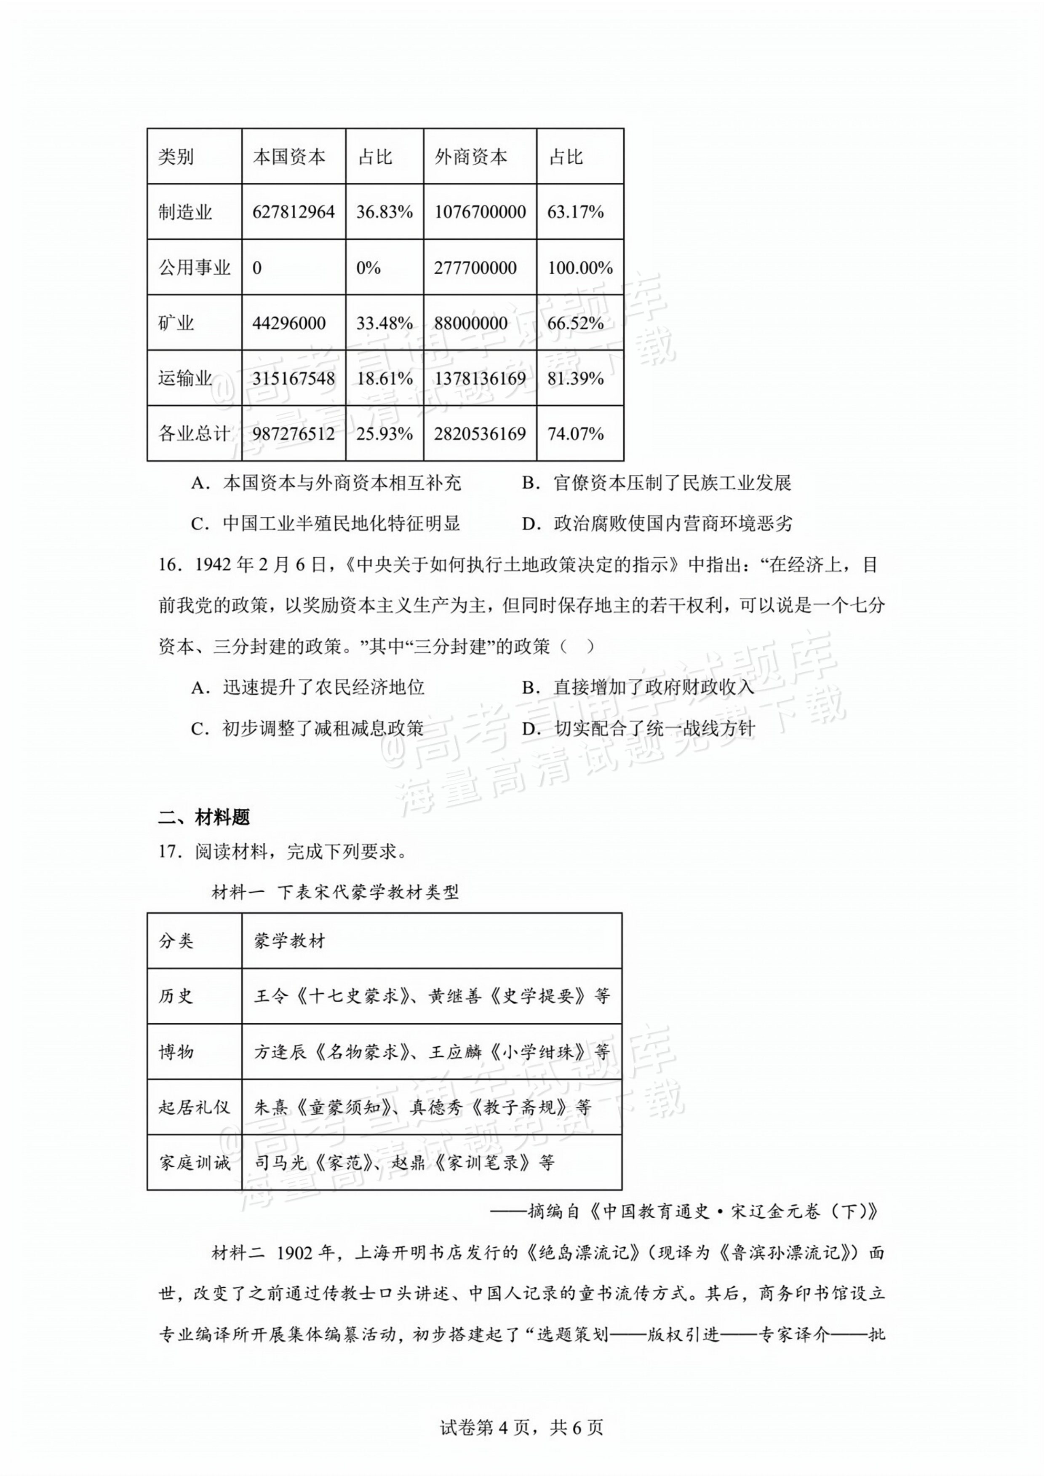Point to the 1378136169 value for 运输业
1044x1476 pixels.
(x=480, y=378)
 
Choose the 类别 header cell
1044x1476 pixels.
(x=176, y=157)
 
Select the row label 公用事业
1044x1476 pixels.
(x=194, y=267)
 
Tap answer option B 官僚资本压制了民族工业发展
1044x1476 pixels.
(x=657, y=483)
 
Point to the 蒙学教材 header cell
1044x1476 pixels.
(x=289, y=941)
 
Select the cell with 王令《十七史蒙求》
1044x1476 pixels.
(x=431, y=997)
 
